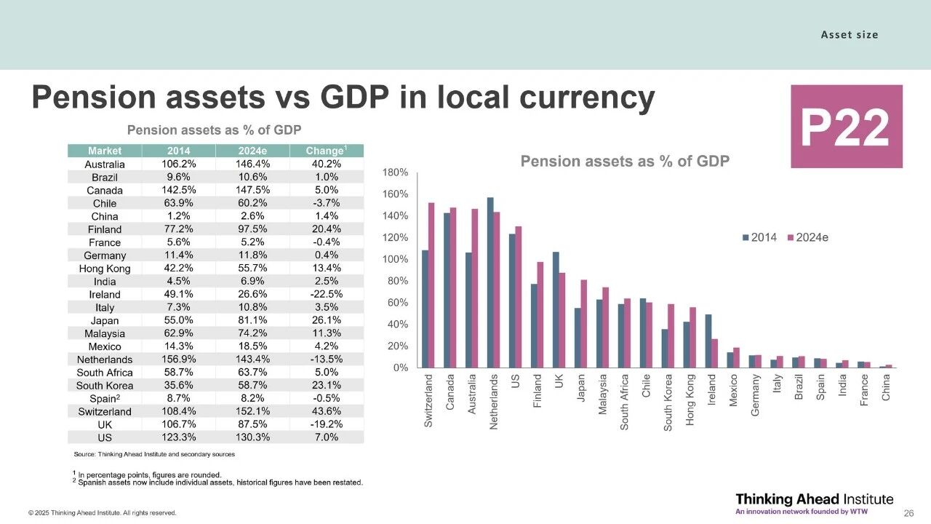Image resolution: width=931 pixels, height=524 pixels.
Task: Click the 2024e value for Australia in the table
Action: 252,164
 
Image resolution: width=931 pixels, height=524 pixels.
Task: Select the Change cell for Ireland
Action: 325,295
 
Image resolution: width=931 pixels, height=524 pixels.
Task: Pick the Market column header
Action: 104,151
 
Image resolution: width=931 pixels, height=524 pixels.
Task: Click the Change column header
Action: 325,151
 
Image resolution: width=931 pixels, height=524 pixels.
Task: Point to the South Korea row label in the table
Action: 104,386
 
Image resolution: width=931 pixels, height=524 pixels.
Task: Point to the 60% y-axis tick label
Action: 397,303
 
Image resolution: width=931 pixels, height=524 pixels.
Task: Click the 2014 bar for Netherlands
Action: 490,282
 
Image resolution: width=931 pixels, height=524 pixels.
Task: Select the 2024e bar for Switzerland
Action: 431,285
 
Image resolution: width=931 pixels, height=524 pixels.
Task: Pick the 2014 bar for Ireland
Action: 708,341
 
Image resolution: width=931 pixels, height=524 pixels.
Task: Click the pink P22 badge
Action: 846,127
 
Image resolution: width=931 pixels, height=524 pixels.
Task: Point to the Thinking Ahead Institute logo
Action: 814,502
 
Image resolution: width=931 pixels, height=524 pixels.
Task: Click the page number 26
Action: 908,513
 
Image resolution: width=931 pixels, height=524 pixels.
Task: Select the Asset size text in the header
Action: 849,35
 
